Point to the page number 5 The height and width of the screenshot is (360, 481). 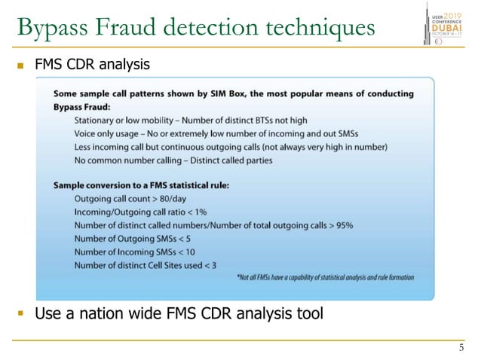(x=461, y=348)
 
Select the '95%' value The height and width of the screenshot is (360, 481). (x=341, y=225)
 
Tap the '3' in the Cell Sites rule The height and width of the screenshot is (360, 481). (x=213, y=266)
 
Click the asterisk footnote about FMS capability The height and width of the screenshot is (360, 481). (x=324, y=277)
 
